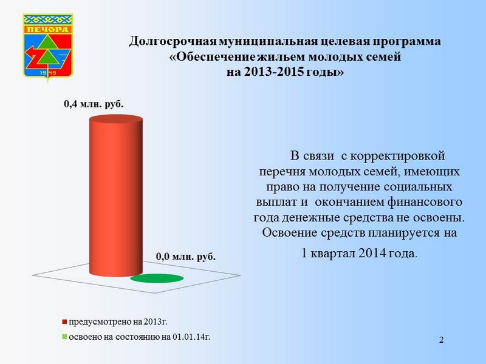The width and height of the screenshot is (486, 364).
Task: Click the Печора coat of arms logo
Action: tap(48, 47)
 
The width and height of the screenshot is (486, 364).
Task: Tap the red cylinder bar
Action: tap(116, 195)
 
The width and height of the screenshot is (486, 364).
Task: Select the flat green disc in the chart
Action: tap(157, 278)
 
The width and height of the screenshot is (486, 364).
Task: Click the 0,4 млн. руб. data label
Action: tap(94, 104)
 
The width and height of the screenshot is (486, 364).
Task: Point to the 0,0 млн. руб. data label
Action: tap(186, 257)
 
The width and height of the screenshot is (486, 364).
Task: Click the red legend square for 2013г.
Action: tap(64, 322)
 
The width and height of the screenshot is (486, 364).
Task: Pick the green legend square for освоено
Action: tap(64, 337)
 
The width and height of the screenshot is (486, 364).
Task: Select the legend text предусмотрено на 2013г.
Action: tap(118, 322)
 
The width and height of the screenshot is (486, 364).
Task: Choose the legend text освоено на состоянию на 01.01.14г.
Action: tap(140, 337)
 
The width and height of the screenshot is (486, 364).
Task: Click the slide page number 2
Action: tap(442, 340)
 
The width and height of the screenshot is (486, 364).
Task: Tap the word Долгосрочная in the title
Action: tap(173, 41)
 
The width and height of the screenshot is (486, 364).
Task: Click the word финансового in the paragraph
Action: tap(425, 202)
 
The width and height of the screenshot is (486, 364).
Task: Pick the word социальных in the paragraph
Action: tap(418, 187)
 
